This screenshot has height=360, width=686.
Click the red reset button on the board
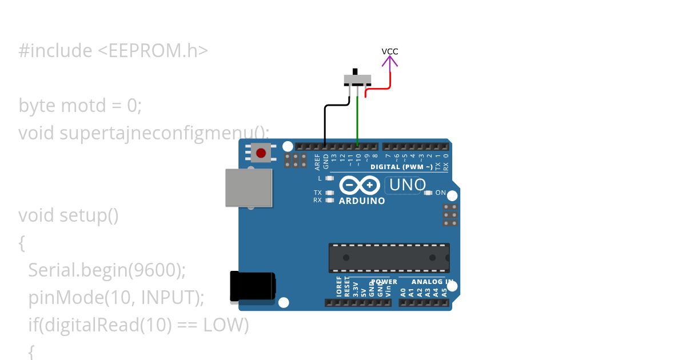click(261, 153)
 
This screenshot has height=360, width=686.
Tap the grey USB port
click(249, 187)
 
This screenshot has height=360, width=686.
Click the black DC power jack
click(252, 286)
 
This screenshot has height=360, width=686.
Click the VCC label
click(390, 51)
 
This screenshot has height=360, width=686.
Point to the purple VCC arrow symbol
click(390, 60)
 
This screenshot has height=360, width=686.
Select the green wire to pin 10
click(358, 120)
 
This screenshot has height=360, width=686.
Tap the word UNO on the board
click(408, 185)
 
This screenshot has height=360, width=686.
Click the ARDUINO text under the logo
click(362, 201)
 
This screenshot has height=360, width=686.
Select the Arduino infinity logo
click(360, 186)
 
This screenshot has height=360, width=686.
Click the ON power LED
click(428, 193)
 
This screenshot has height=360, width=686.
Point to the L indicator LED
click(329, 178)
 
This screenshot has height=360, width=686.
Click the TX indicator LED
click(329, 193)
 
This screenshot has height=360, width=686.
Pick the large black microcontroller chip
click(389, 258)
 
